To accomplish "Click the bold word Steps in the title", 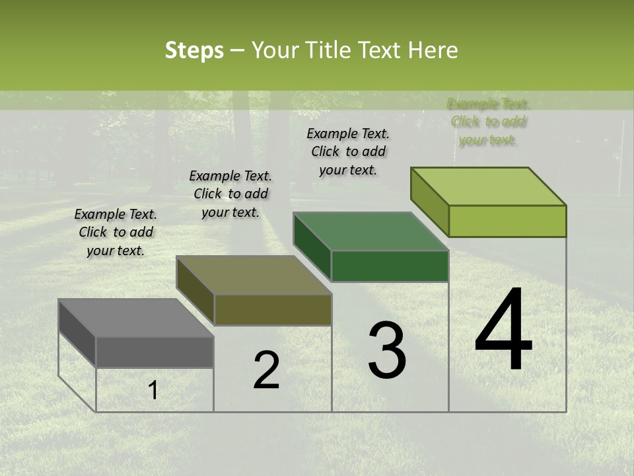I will pos(194,50).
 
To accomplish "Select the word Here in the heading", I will pos(433,50).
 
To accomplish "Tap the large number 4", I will pos(503,331).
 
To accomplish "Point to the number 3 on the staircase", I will pos(387,350).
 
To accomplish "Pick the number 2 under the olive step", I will pos(266,370).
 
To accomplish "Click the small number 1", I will pos(153,391).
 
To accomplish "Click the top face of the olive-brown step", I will pos(254,275).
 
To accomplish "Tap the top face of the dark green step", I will pos(370,231).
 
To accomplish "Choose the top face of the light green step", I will pos(489,186).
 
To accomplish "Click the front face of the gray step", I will pos(155,352).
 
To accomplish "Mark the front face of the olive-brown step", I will pos(273,310).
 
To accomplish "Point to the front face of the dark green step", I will pos(390,266).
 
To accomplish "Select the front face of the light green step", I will pos(507,221).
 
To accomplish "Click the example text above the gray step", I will pos(116,232).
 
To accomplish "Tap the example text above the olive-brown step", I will pos(230,194).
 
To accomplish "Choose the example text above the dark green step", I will pos(348,151).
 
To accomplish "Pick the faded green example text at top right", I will pos(489,122).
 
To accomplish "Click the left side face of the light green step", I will pos(430,202).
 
